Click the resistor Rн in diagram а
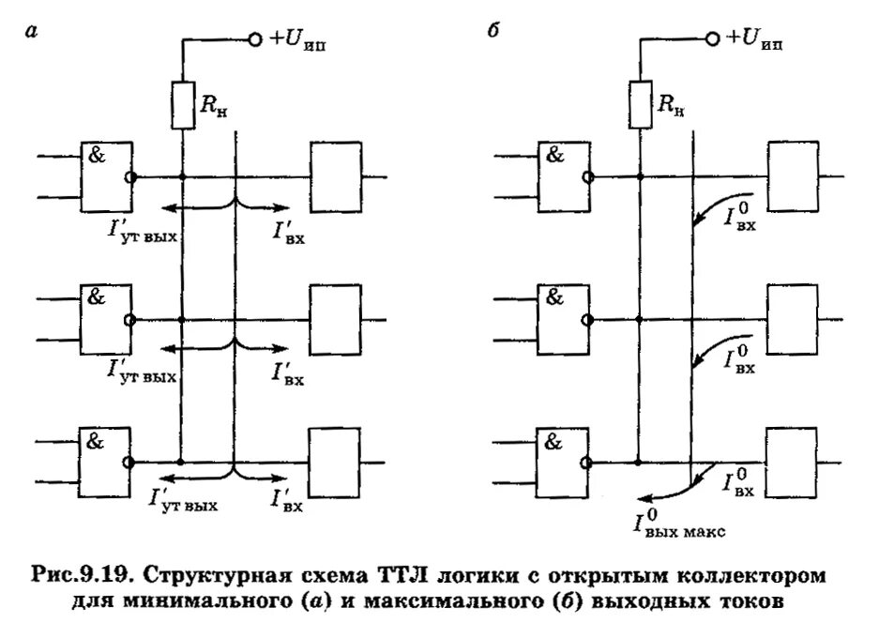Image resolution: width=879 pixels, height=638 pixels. point(182,104)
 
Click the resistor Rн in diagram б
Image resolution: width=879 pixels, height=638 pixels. point(641,104)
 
